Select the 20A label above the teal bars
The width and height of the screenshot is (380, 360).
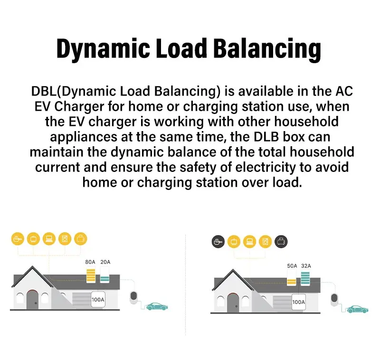coord(105,262)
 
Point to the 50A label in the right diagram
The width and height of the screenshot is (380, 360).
coord(292,266)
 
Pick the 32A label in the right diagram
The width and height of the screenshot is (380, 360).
coord(307,266)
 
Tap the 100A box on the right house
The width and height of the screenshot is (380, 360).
coord(298,302)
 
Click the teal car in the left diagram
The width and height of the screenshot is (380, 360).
coord(156,306)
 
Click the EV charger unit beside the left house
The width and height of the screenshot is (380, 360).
coord(134,296)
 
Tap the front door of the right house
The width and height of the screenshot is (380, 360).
coord(233,303)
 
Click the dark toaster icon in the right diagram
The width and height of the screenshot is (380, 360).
coord(281,242)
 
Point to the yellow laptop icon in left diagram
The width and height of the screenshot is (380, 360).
coord(49,238)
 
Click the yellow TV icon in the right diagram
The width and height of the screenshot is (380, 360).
coord(234,242)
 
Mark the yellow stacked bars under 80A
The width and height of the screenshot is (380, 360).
coord(90,275)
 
